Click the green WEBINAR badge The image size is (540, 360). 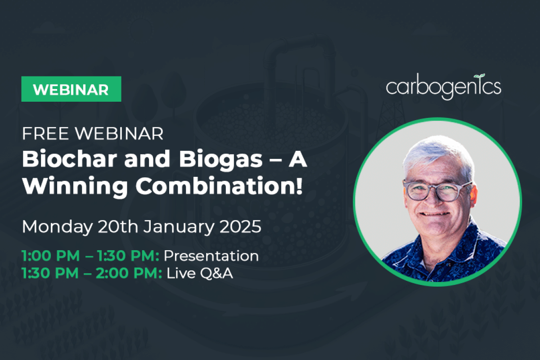(x=72, y=89)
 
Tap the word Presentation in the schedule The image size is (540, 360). (x=211, y=256)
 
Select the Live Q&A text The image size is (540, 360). (x=200, y=273)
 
